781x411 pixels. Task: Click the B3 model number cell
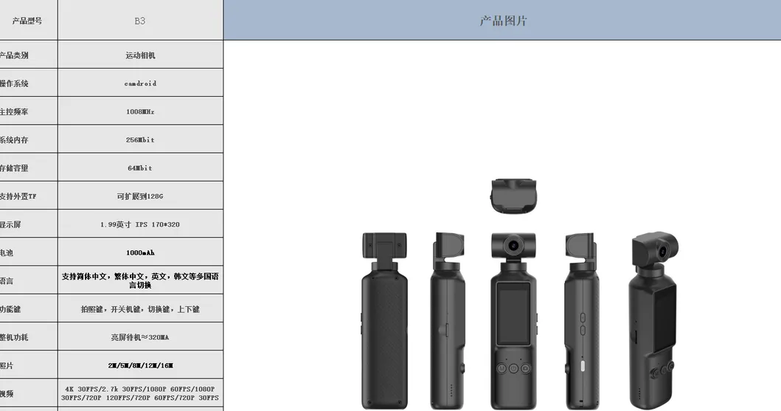[x=140, y=21]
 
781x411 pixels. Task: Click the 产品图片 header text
[x=503, y=21]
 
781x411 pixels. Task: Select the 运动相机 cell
[x=140, y=55]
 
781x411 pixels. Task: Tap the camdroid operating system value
[x=140, y=83]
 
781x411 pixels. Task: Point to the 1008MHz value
[x=140, y=111]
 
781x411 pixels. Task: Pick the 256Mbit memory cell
[x=140, y=139]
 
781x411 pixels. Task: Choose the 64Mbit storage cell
[x=140, y=167]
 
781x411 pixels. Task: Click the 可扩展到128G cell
[x=140, y=196]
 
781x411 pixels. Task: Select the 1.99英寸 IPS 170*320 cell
[x=140, y=224]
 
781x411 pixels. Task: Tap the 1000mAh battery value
[x=140, y=252]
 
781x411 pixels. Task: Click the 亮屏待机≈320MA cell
[x=140, y=337]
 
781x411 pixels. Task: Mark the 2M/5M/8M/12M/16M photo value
[x=140, y=365]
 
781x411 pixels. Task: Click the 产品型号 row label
[x=27, y=21]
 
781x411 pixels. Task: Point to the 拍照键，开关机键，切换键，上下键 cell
[x=140, y=309]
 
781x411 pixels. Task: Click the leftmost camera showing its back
[x=384, y=325]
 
